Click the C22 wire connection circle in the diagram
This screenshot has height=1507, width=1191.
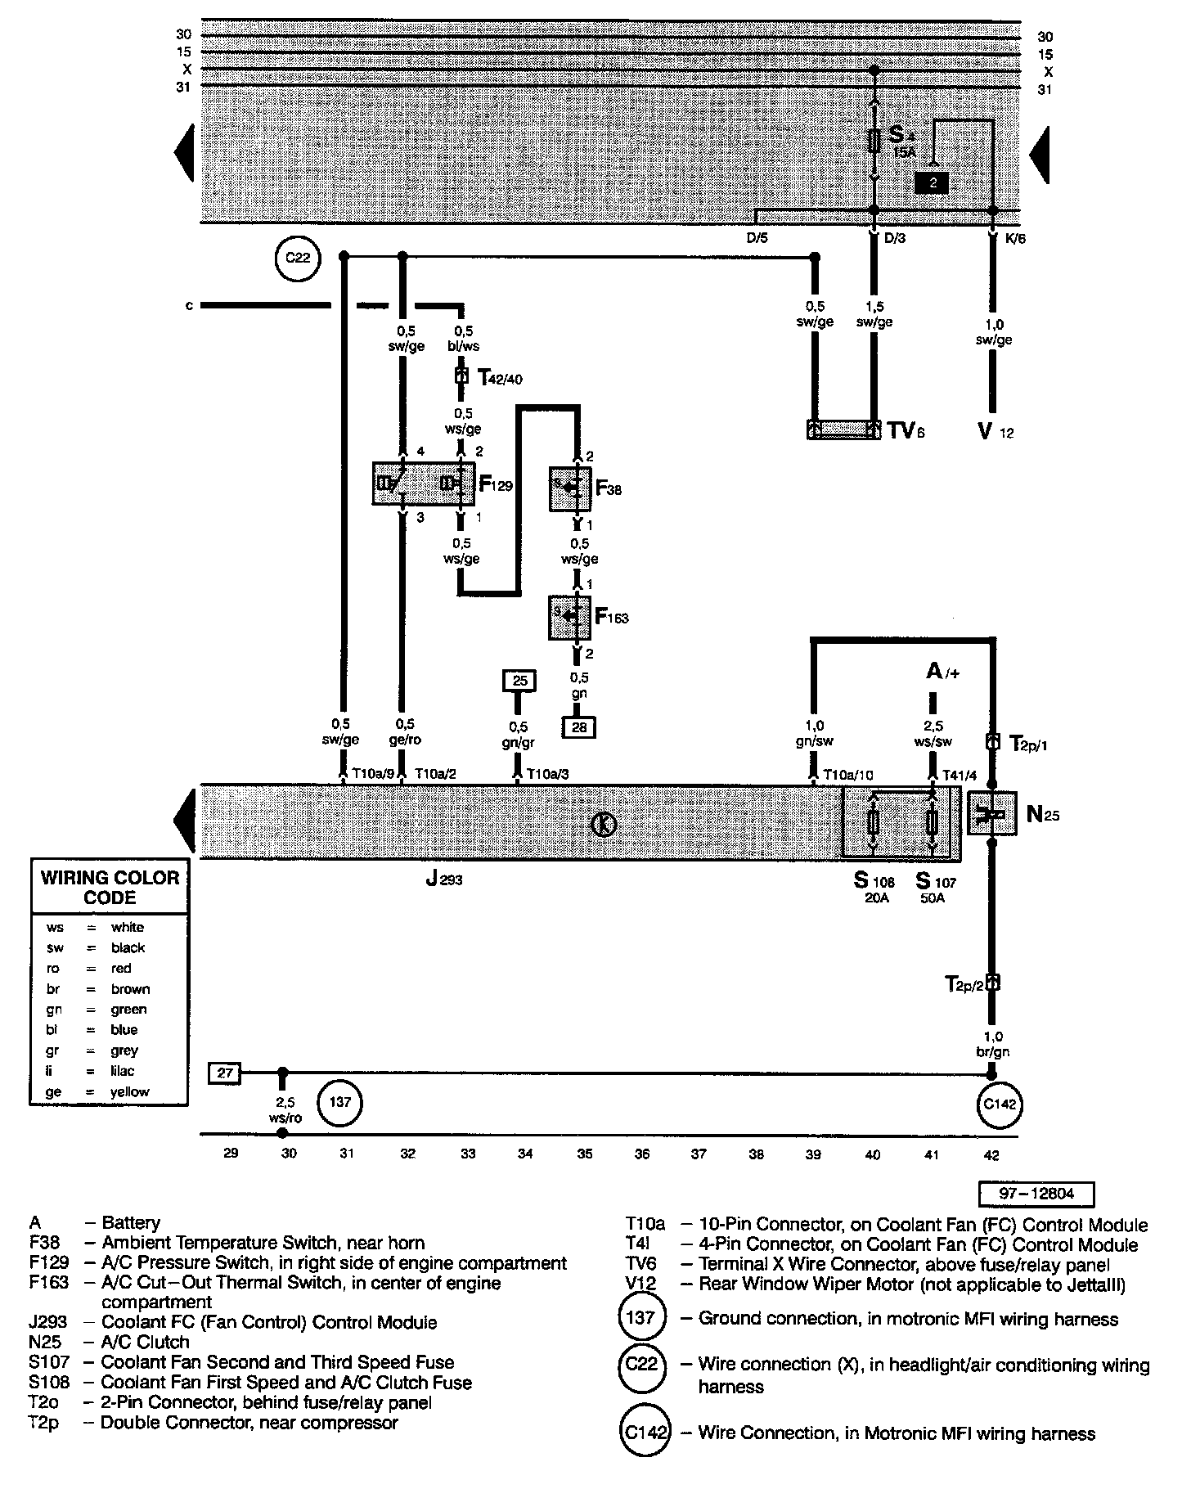click(x=298, y=259)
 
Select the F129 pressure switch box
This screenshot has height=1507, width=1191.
click(x=423, y=484)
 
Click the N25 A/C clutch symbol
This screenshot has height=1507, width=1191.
click(x=992, y=813)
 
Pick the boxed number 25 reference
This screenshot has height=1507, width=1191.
click(x=519, y=680)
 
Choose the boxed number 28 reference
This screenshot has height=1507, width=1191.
click(x=579, y=727)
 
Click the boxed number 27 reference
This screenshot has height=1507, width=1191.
click(x=225, y=1073)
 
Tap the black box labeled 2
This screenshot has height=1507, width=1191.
click(x=932, y=183)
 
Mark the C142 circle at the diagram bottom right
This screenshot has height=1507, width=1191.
click(x=1000, y=1104)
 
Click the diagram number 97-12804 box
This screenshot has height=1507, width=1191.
click(x=1036, y=1194)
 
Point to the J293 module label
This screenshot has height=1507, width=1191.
click(x=444, y=880)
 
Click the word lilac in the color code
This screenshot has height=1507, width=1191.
click(x=123, y=1071)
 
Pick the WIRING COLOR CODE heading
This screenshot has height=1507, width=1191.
click(x=110, y=888)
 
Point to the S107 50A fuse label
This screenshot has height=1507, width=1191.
click(x=936, y=887)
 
